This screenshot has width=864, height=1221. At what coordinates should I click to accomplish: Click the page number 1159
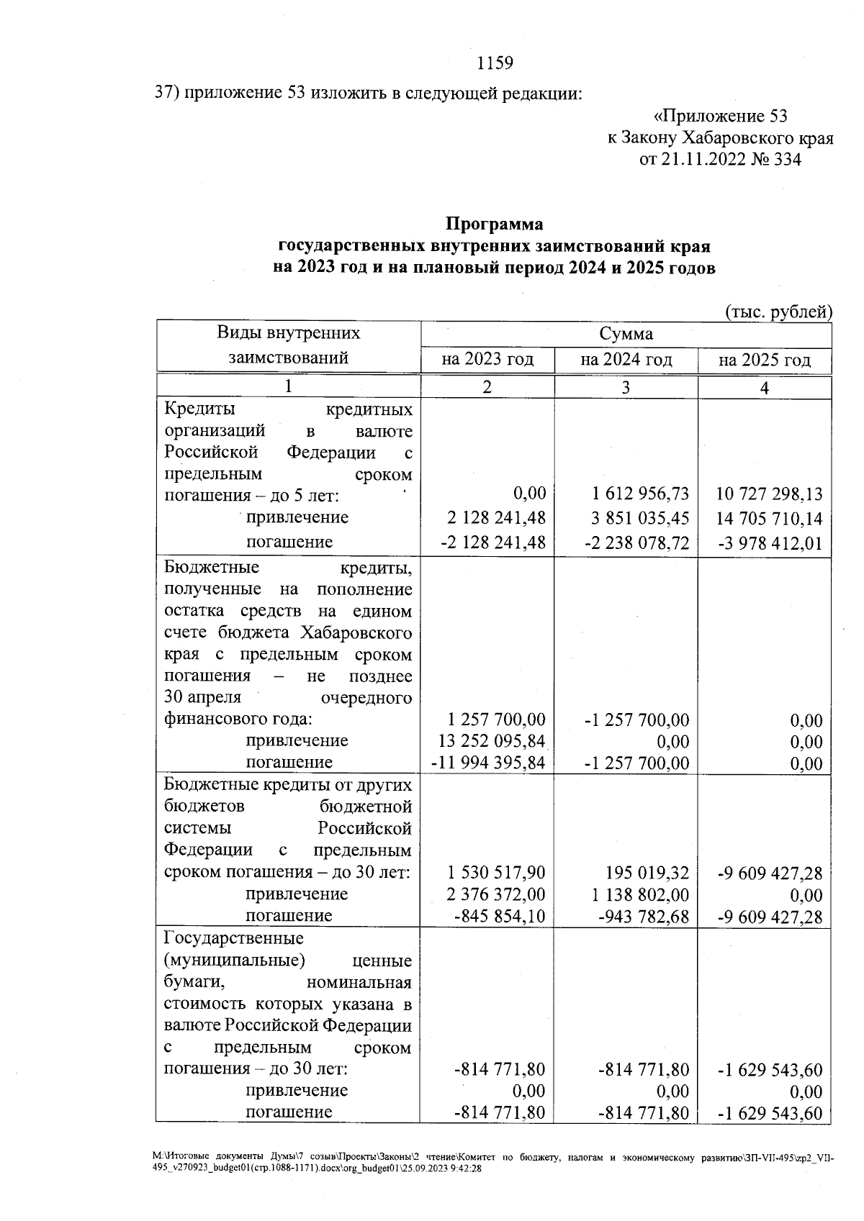click(x=495, y=63)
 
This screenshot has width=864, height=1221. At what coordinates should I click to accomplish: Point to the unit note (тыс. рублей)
click(x=778, y=312)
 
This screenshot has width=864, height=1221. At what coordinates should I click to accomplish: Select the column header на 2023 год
click(x=487, y=359)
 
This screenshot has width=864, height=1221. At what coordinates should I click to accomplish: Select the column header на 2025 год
click(x=765, y=360)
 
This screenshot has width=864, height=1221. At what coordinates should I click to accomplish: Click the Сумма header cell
click(x=626, y=334)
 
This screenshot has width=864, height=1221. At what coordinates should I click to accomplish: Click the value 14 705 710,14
click(x=769, y=518)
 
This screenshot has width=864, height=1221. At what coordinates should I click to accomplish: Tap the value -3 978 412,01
click(x=770, y=543)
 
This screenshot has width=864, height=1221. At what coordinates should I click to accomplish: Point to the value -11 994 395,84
click(x=487, y=763)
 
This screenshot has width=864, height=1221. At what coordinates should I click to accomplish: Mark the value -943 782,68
click(x=644, y=916)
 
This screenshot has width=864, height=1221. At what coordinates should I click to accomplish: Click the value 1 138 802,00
click(x=640, y=894)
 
